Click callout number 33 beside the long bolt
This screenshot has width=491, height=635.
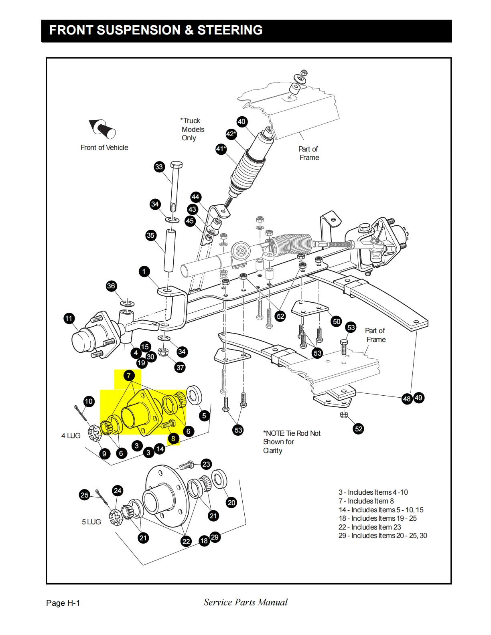pos(159,167)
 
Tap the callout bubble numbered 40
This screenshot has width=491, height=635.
pos(241,122)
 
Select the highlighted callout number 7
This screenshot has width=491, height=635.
pos(129,376)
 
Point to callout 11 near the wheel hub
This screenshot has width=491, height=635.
pos(69,319)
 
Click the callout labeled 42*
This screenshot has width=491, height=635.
pos(231,134)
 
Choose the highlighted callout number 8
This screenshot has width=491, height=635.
pos(173,439)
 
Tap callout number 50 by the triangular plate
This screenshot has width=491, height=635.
pos(337,321)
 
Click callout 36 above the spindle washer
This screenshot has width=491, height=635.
pos(111,286)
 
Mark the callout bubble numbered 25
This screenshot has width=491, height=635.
pos(84,495)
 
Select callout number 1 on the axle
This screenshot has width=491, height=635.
pos(144,272)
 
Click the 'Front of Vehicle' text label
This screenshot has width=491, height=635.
pos(104,148)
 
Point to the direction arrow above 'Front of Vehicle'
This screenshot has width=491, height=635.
pos(102,128)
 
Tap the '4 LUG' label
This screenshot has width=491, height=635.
pos(71,436)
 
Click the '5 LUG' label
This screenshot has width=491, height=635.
pos(91,522)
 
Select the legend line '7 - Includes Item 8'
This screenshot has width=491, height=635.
pos(366,501)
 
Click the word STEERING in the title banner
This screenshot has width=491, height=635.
pos(230,30)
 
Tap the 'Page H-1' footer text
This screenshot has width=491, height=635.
pos(63,603)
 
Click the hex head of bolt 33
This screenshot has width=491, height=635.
pos(177,165)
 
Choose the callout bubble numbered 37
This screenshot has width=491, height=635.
pos(180,367)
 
